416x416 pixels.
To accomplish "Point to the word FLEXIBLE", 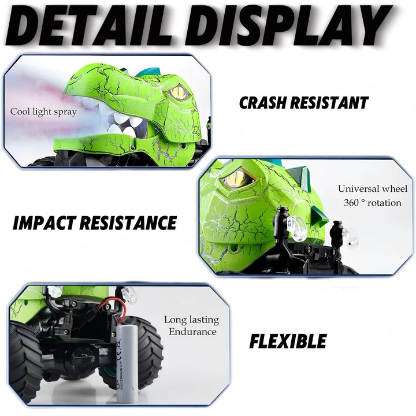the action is [x=288, y=341].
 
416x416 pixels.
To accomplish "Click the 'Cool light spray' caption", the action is [x=43, y=112].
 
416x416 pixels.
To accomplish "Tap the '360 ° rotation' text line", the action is [x=373, y=203].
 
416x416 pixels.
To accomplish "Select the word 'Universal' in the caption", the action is [x=358, y=188].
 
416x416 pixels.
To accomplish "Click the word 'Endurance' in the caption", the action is [x=192, y=332].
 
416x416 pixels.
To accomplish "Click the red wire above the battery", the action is [x=113, y=309].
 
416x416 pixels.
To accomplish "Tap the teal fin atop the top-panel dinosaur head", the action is [x=149, y=72].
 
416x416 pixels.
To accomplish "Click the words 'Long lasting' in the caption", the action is [x=191, y=320].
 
